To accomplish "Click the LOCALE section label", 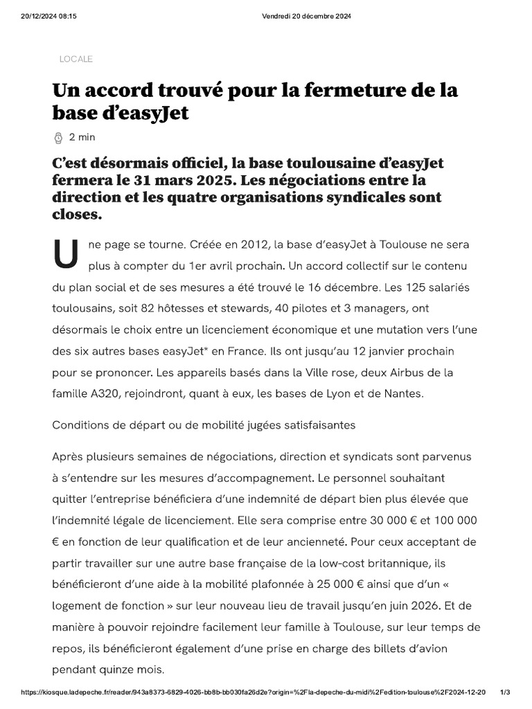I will pyautogui.click(x=76, y=60).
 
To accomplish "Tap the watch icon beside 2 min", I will pyautogui.click(x=58, y=138).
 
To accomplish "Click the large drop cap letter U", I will pyautogui.click(x=66, y=255).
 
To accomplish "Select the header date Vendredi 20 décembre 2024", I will pyautogui.click(x=306, y=17).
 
